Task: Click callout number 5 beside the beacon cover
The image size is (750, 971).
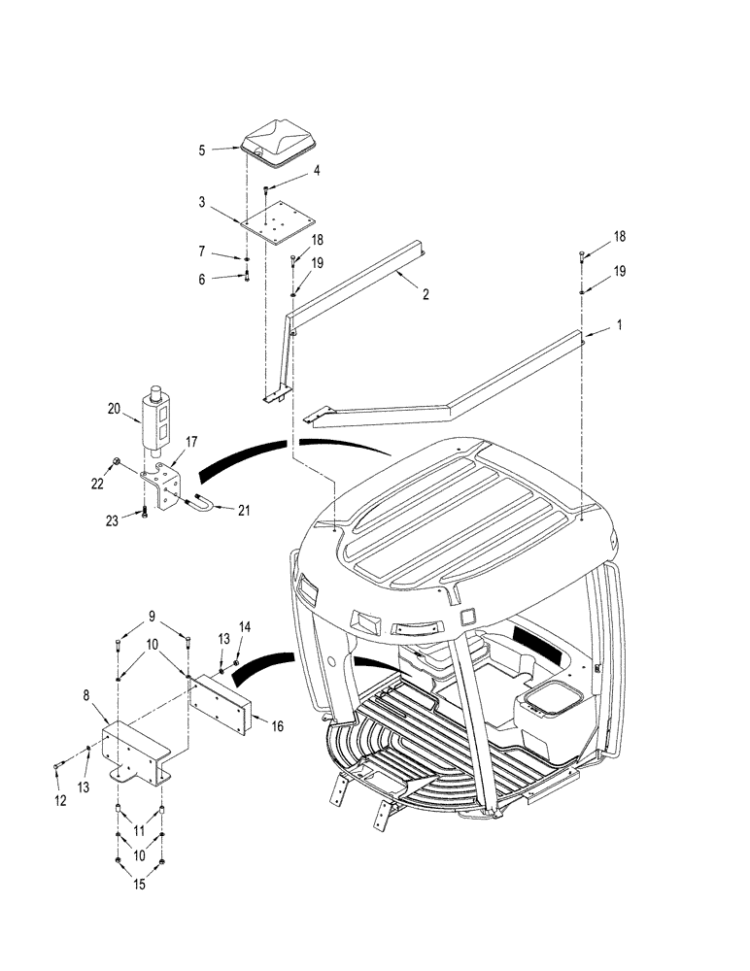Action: click(202, 151)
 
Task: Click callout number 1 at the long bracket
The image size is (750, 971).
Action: click(618, 331)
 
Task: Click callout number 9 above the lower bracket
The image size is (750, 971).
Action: click(152, 616)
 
